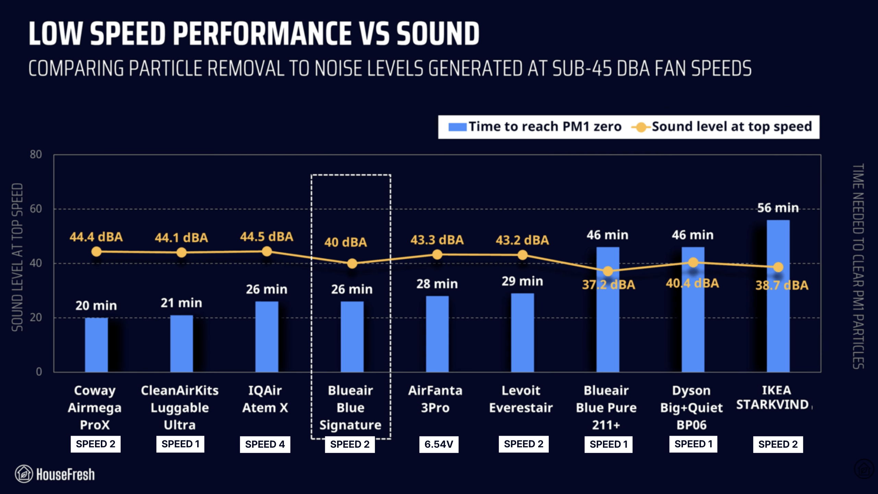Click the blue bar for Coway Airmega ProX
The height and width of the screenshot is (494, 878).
click(96, 345)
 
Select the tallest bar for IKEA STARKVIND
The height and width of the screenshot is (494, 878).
click(778, 309)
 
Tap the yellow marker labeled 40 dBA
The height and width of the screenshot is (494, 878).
click(352, 263)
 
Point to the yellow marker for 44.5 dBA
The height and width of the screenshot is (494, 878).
click(267, 251)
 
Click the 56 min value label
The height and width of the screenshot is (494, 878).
click(778, 208)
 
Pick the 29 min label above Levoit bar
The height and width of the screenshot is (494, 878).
click(522, 281)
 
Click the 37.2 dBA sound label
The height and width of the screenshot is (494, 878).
click(608, 285)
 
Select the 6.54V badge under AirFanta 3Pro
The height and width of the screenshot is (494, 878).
click(439, 444)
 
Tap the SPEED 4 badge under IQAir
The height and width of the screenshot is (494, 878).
click(265, 444)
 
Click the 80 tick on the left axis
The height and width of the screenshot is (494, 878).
click(36, 154)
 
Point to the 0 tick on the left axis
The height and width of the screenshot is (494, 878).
click(39, 372)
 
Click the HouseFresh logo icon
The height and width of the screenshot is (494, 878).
click(24, 474)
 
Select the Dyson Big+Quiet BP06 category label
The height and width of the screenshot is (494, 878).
click(691, 408)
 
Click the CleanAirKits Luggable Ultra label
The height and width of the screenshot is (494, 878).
click(180, 408)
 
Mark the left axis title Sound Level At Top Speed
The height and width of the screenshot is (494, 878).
click(17, 257)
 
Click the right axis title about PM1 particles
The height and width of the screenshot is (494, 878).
click(858, 266)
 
